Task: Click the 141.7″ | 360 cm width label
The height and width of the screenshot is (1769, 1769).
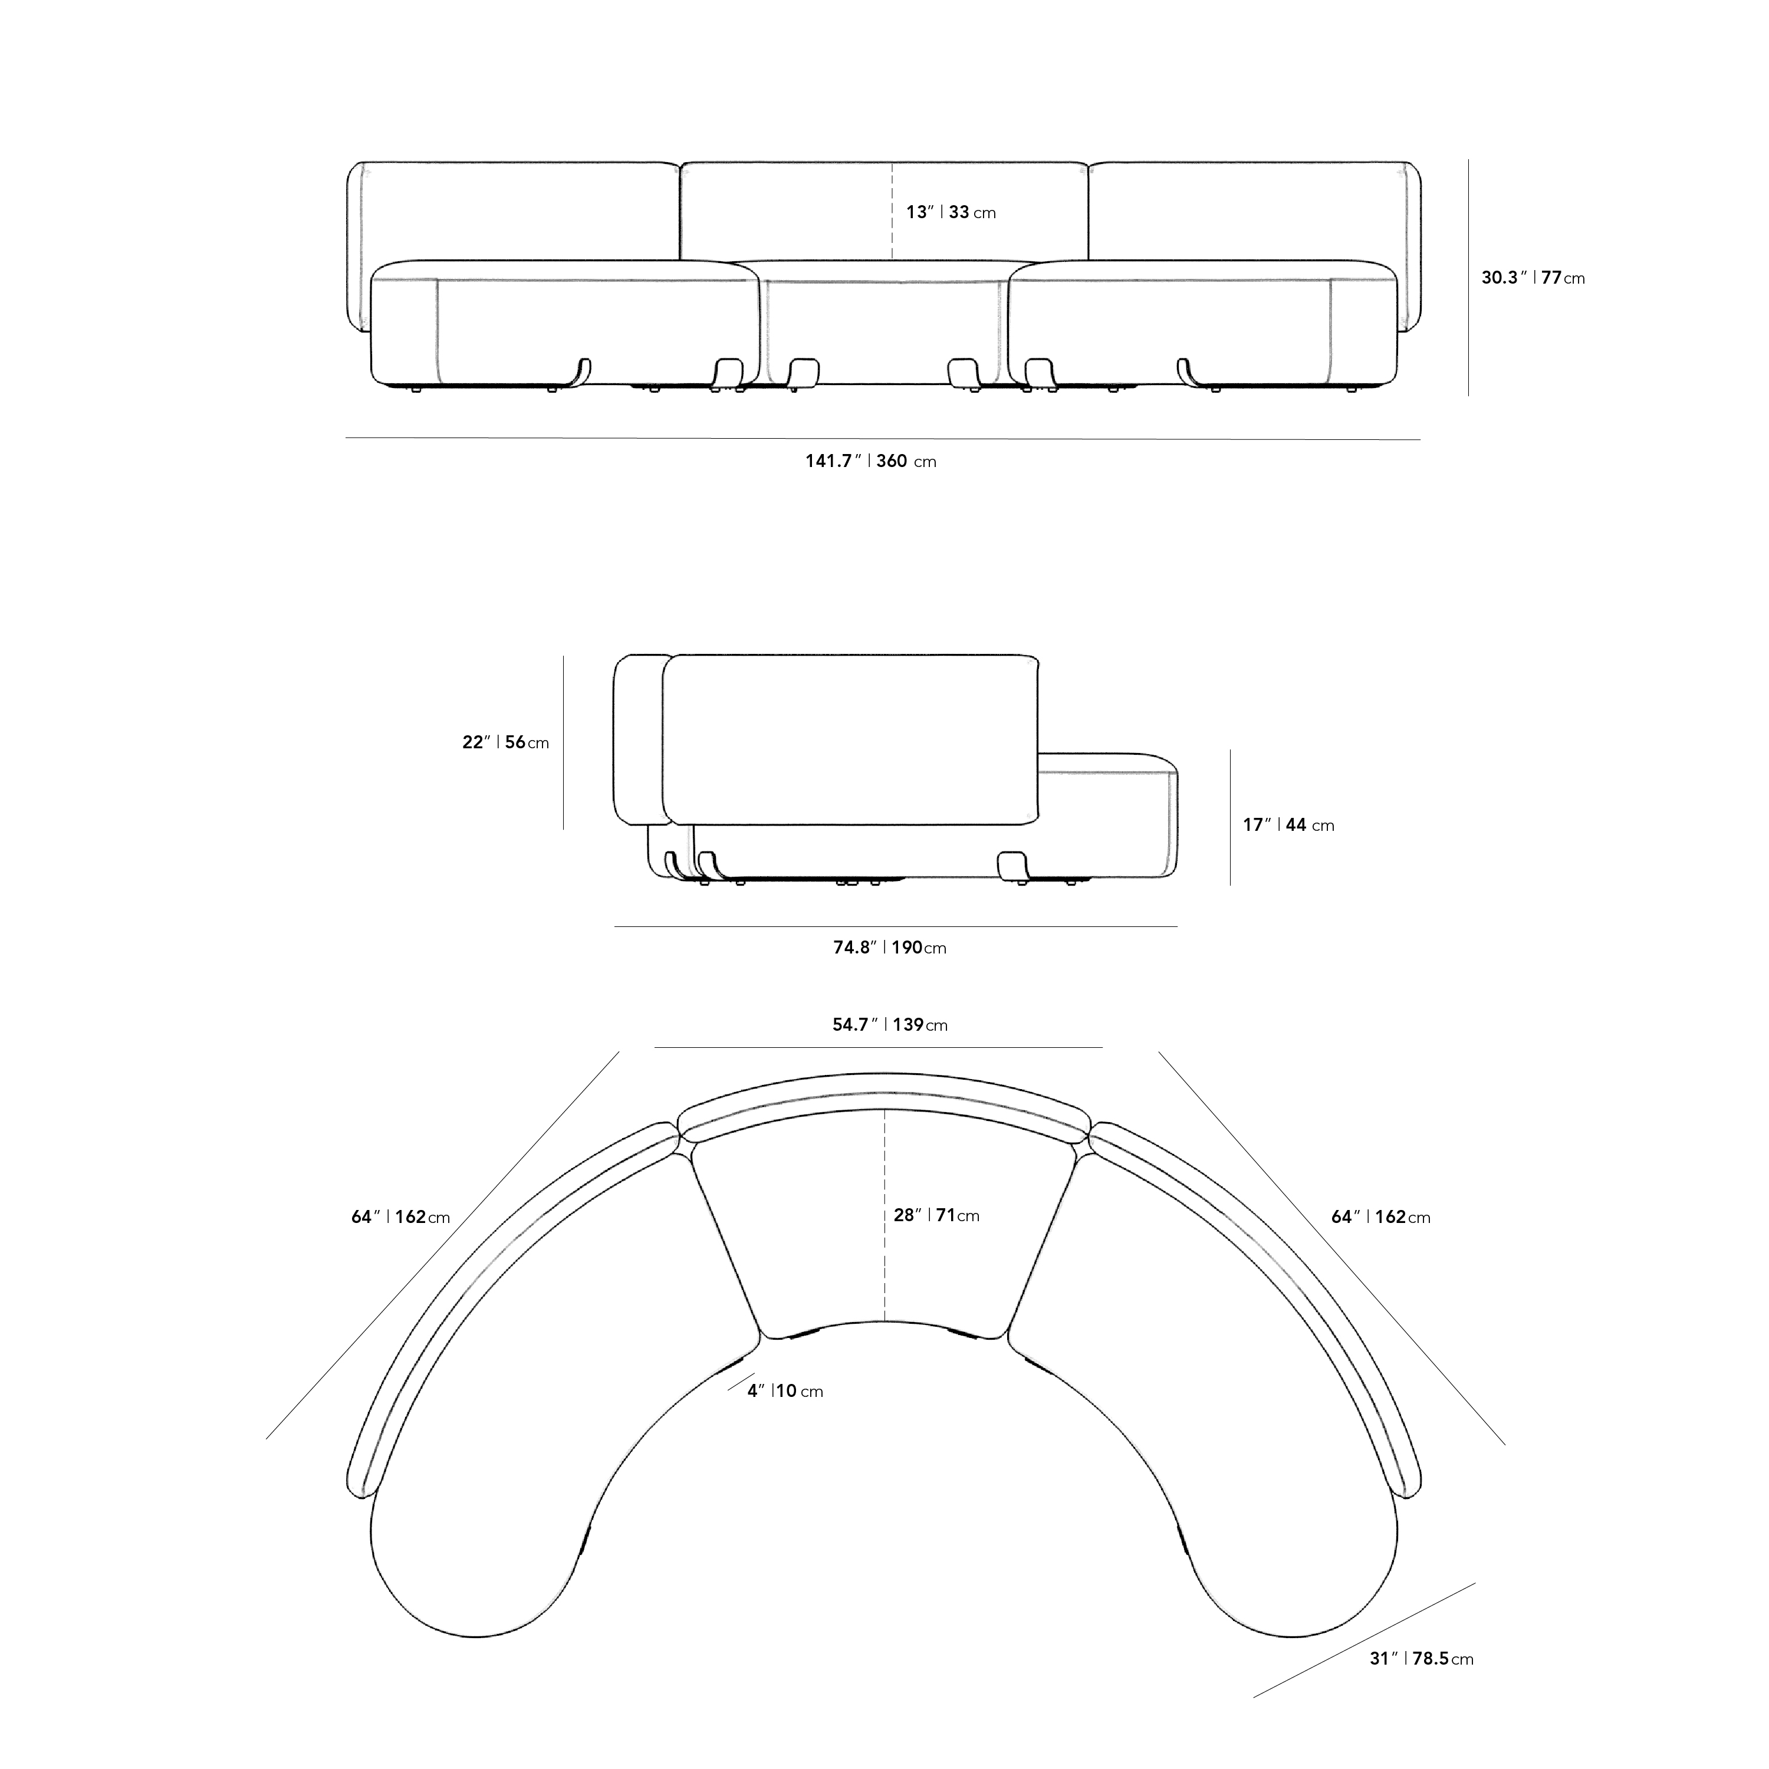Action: tap(871, 462)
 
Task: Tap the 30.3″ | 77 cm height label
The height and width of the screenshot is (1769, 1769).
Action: tap(1533, 277)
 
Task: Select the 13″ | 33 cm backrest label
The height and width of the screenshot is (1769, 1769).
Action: tap(951, 212)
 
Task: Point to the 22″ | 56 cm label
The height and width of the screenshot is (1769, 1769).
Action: tap(505, 742)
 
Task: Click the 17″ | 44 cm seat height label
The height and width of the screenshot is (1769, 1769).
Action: tap(1288, 825)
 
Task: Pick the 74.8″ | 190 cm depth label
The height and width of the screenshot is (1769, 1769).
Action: tap(889, 948)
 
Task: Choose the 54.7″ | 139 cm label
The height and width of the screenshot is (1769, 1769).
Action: tap(889, 1025)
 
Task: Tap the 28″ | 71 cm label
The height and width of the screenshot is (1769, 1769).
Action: tap(936, 1215)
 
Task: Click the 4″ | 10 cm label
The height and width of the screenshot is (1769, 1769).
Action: tap(785, 1391)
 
